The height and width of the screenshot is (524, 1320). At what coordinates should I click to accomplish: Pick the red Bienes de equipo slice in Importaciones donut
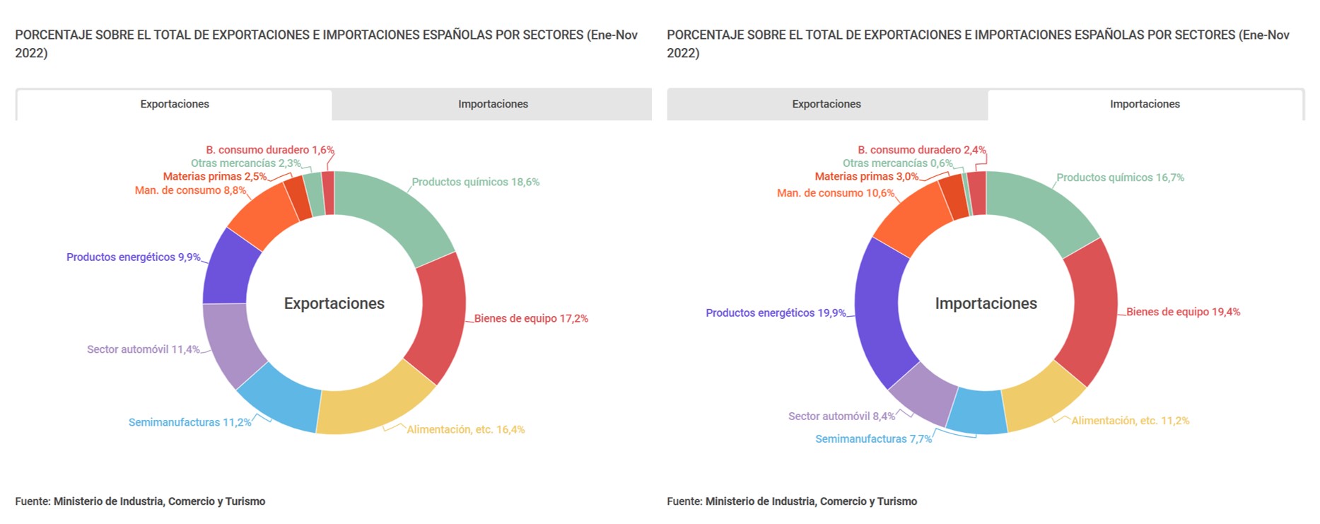tap(1092, 311)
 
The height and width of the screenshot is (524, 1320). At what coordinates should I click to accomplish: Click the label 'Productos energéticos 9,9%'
tap(133, 257)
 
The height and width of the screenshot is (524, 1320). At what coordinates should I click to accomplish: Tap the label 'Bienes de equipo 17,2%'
tap(531, 319)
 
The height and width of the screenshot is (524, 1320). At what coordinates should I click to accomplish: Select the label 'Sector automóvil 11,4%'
tap(143, 349)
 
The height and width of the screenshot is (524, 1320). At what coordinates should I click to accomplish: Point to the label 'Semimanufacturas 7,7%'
tap(873, 439)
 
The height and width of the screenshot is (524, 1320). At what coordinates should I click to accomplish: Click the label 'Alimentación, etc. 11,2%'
tap(1130, 421)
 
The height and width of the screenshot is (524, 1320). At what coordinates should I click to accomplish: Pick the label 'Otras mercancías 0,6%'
tap(897, 163)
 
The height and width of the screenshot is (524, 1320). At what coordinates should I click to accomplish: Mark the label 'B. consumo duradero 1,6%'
tap(269, 150)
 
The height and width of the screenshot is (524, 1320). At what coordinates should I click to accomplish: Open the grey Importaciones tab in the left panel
tap(493, 105)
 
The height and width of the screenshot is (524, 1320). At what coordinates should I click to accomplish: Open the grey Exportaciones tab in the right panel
tap(826, 105)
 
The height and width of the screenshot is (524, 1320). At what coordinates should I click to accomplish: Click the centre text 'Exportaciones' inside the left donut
tap(334, 303)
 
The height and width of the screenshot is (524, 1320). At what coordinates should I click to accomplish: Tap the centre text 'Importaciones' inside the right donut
tap(986, 303)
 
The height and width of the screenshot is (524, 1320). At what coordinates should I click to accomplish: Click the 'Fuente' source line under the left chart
tap(140, 501)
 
